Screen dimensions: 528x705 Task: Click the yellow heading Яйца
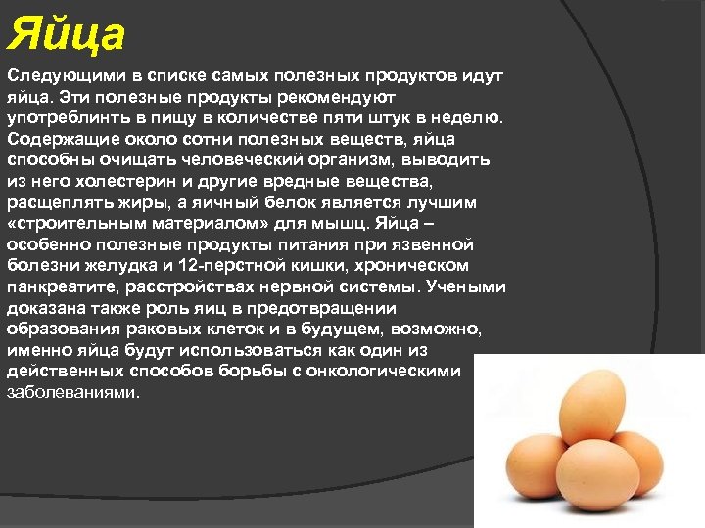coord(67,35)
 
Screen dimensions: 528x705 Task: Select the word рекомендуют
coord(337,97)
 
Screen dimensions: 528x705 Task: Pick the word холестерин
coord(114,181)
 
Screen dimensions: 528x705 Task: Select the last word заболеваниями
coord(73,393)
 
